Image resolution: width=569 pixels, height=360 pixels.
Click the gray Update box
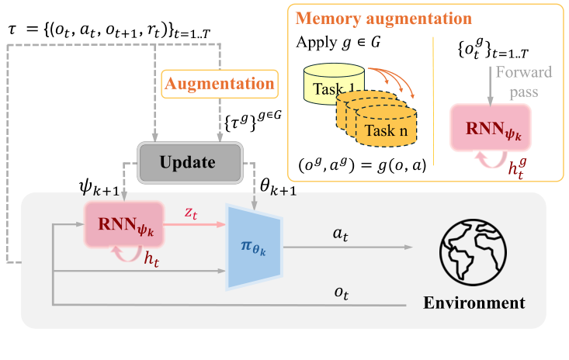click(189, 162)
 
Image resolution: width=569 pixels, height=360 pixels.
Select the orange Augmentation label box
click(220, 84)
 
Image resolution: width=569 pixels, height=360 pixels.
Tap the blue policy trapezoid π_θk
click(254, 247)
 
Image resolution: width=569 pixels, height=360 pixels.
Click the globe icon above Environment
click(474, 252)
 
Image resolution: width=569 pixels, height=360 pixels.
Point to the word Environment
click(474, 303)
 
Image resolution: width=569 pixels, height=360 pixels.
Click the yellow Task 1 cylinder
click(334, 84)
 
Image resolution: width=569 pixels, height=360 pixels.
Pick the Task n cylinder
click(386, 126)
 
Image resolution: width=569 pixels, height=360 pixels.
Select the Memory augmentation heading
click(383, 19)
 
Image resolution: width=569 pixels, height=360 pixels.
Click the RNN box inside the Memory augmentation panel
click(491, 127)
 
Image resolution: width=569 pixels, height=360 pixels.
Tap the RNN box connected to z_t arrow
click(124, 224)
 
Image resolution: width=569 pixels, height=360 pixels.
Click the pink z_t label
click(191, 213)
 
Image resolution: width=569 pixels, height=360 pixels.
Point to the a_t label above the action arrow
click(340, 234)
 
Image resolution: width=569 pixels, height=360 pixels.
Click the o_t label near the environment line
click(342, 293)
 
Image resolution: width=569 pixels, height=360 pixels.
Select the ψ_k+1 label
click(99, 188)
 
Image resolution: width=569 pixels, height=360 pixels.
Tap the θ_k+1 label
click(278, 188)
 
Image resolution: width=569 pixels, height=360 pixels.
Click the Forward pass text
click(524, 82)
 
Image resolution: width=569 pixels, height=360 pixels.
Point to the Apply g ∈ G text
click(338, 43)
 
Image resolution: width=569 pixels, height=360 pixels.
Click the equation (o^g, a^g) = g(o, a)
click(363, 165)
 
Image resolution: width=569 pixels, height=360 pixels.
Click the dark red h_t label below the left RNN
click(151, 259)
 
